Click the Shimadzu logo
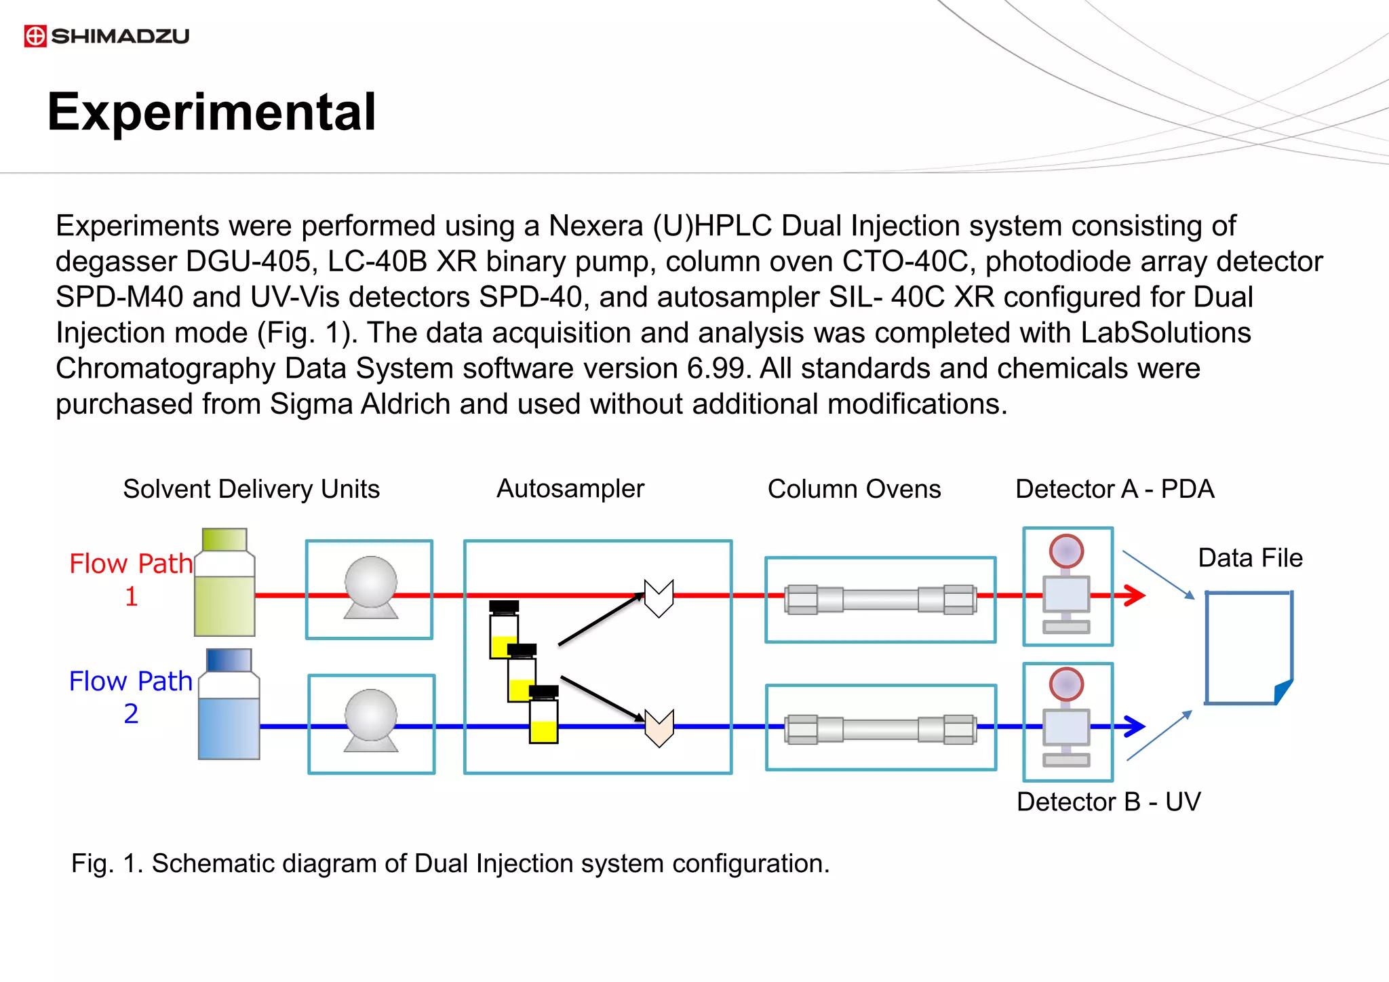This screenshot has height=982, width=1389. (x=106, y=36)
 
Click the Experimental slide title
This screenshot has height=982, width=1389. (x=211, y=112)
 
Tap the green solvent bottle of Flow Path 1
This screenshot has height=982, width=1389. (x=224, y=583)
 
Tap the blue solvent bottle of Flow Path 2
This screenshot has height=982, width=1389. (x=229, y=705)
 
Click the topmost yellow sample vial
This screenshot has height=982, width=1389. (x=503, y=631)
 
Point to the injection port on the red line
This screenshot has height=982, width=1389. (x=659, y=598)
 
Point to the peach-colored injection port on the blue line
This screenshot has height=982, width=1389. (x=659, y=728)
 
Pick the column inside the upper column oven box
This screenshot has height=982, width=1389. (x=880, y=600)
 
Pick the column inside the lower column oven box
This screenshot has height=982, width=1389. (x=880, y=729)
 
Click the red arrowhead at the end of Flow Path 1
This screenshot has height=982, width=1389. (x=1134, y=595)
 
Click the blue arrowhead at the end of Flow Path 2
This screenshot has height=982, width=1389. (x=1134, y=726)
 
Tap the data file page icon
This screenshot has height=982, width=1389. (x=1248, y=648)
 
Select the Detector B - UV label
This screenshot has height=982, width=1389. (x=1108, y=802)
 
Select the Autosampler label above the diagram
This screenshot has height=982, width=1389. (x=570, y=489)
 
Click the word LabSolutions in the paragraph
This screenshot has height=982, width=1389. (x=1165, y=333)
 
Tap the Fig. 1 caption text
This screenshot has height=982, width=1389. (x=450, y=863)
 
